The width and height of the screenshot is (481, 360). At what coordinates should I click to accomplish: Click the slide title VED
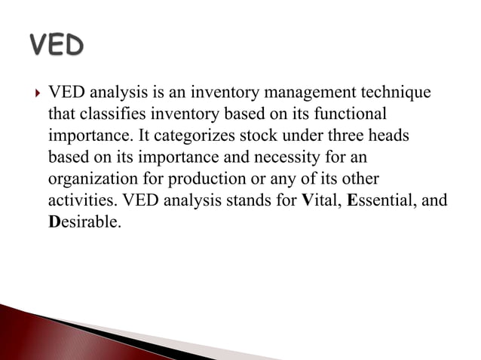point(56,46)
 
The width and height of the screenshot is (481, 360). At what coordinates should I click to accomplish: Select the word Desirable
point(84,224)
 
